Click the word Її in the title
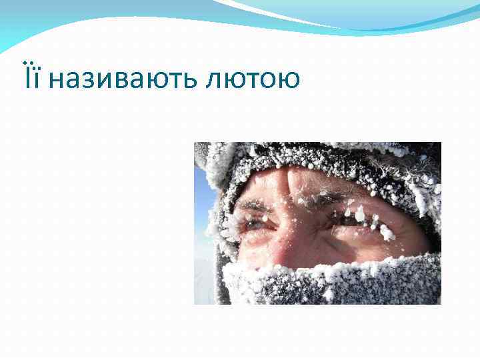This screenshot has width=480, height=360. click(32, 79)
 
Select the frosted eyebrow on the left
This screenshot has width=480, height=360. click(255, 205)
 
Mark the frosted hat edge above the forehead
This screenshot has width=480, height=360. click(313, 157)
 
